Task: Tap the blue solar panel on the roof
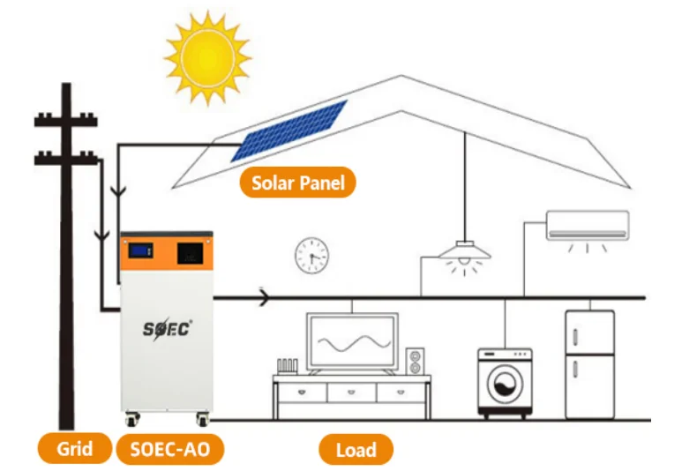(289, 131)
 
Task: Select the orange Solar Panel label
(298, 183)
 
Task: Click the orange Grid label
(74, 449)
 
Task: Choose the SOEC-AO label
(169, 449)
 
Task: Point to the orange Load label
(356, 450)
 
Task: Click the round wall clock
(311, 255)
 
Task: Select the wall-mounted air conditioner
(588, 225)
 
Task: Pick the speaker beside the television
(415, 361)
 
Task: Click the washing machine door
(504, 385)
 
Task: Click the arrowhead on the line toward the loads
(264, 299)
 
